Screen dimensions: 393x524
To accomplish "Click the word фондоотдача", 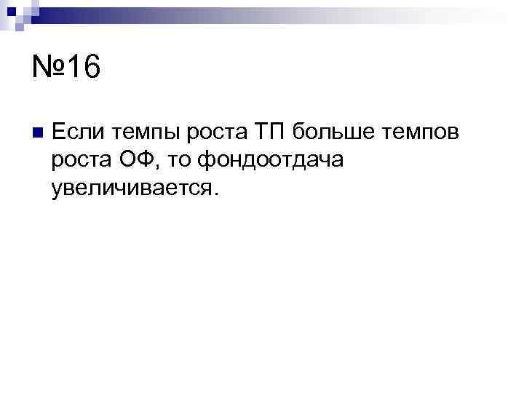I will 270,159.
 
